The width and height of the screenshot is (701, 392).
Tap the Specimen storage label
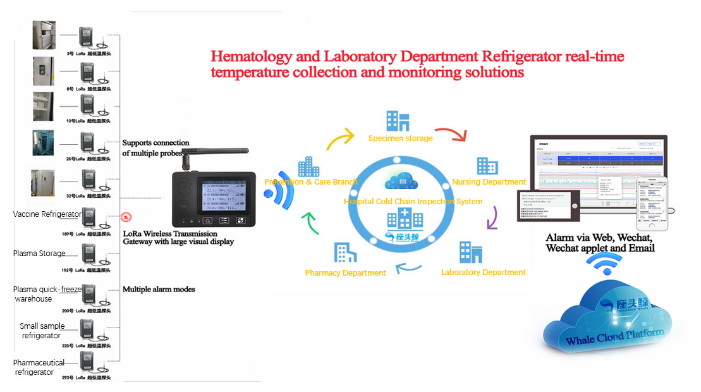[400, 138]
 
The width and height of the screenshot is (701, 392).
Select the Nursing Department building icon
[487, 166]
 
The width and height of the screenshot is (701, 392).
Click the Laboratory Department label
[483, 273]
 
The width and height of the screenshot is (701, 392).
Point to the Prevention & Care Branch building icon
[308, 167]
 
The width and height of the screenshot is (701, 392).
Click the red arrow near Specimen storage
[450, 133]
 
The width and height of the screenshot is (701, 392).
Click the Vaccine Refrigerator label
[47, 214]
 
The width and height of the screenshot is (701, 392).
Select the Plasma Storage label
[39, 254]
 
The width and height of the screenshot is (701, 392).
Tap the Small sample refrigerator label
[42, 331]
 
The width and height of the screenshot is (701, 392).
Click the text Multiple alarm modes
[159, 290]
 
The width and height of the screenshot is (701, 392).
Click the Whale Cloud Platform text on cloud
[615, 337]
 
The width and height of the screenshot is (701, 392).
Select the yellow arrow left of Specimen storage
[341, 139]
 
